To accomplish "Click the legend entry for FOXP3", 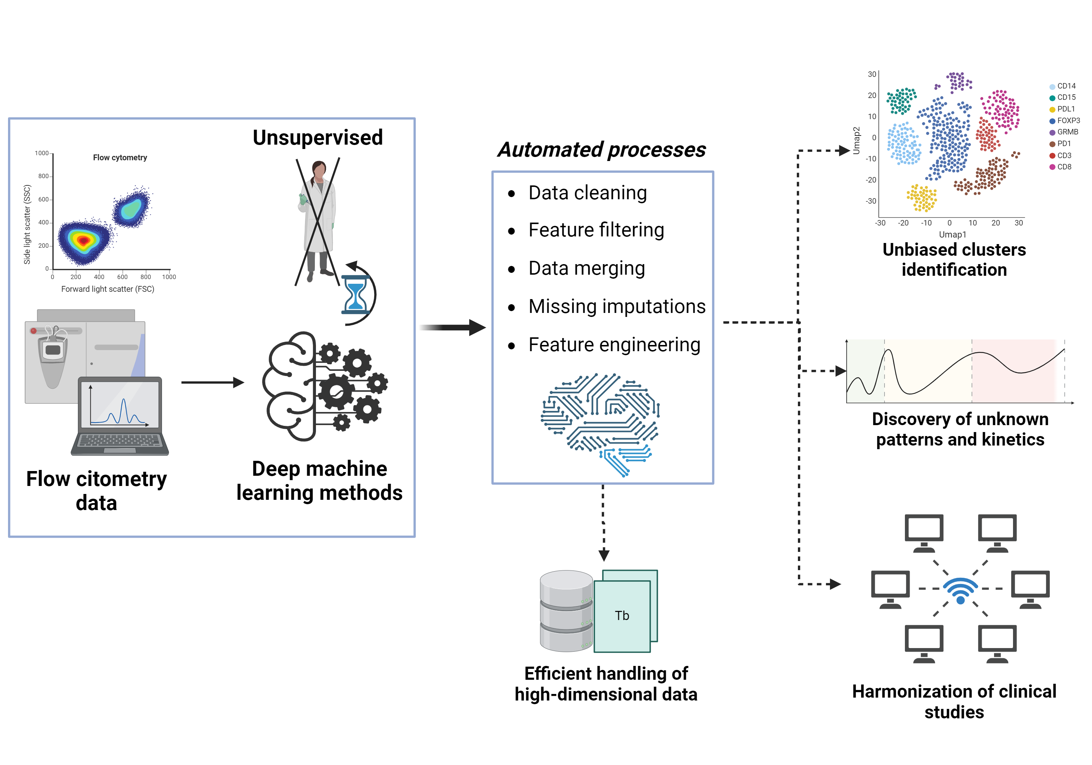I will (1068, 121).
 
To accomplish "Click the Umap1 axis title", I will (952, 234).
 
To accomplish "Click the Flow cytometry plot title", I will (120, 158).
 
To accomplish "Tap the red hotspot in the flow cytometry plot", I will (83, 240).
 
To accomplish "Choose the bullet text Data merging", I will (586, 268).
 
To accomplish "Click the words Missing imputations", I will (617, 307).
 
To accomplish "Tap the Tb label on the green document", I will (622, 616).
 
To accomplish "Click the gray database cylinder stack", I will (566, 611).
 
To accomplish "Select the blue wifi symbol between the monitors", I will (960, 590).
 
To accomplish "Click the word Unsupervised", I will (317, 138).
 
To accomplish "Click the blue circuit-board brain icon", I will (600, 424).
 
